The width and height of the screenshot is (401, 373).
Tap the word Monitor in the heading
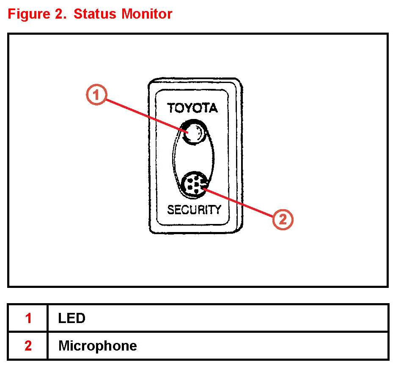[x=147, y=14]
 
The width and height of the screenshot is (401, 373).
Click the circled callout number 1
[x=97, y=95]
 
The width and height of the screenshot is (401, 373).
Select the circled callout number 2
[x=282, y=219]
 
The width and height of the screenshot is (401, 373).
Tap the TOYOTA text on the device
[x=192, y=108]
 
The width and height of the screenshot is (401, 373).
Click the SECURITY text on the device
[x=194, y=210]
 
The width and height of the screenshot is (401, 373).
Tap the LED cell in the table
[x=72, y=318]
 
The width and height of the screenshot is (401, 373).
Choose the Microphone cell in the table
[x=97, y=346]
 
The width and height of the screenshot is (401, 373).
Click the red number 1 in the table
[x=28, y=318]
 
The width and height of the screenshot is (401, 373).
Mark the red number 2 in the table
[x=28, y=346]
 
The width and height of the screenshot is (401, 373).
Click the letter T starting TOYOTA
[x=171, y=108]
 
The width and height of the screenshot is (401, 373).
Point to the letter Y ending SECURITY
[x=217, y=210]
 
